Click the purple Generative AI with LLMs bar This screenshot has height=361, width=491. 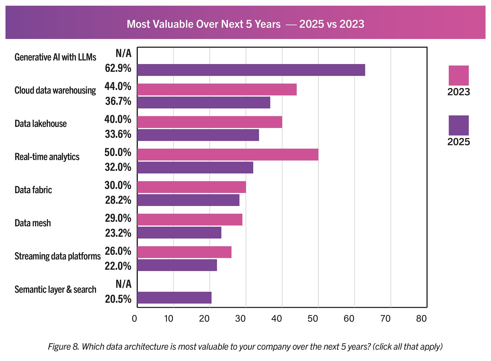(251, 70)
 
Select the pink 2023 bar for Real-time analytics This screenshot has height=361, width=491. (228, 154)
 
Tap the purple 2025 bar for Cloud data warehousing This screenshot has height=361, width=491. (204, 102)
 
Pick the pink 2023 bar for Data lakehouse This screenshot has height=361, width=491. (210, 122)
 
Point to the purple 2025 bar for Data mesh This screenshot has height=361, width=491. (179, 233)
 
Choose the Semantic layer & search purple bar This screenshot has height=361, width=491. (174, 298)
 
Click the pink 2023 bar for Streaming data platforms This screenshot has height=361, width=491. (184, 252)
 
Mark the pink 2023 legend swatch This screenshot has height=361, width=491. (459, 75)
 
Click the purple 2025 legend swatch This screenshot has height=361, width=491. (459, 125)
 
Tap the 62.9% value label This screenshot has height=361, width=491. (118, 68)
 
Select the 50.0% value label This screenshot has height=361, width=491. (118, 153)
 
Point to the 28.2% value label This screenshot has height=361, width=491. (118, 200)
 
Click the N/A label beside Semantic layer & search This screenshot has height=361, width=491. (124, 284)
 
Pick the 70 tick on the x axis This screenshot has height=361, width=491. (385, 318)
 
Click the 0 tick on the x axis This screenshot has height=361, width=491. (134, 318)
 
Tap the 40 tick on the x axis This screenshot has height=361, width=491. (276, 318)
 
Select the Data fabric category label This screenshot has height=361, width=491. (33, 190)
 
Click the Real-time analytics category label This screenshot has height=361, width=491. (47, 157)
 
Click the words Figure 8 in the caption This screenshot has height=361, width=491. (63, 347)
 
